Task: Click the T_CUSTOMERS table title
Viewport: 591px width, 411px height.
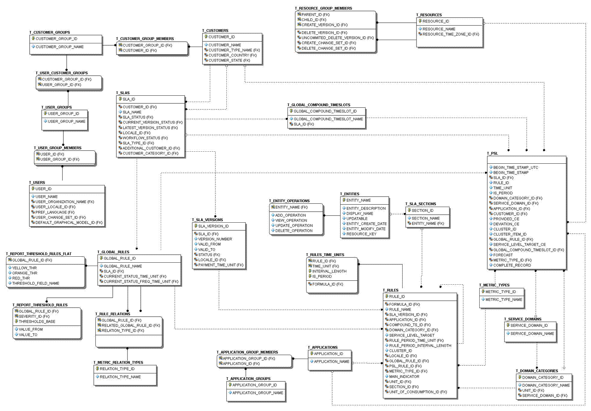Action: tap(215, 31)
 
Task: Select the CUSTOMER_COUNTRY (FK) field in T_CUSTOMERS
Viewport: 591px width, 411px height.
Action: tap(232, 55)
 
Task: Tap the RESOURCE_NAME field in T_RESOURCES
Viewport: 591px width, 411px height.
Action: tap(439, 29)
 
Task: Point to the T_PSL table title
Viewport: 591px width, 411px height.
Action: tap(492, 153)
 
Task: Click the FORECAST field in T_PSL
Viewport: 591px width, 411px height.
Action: tap(503, 255)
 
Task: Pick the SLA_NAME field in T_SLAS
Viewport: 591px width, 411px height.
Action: tap(132, 112)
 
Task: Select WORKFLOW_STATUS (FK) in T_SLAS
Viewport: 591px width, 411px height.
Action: tap(145, 138)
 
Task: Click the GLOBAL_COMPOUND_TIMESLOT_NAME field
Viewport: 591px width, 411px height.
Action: tap(328, 119)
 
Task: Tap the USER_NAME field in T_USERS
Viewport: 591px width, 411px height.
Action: tap(46, 197)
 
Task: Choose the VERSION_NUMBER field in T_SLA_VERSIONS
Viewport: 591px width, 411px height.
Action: tap(215, 239)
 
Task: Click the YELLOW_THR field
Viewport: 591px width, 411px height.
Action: tap(24, 268)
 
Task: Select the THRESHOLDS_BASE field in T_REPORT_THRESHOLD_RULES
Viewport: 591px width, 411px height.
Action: tap(37, 322)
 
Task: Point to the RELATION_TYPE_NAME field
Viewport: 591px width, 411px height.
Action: tap(120, 377)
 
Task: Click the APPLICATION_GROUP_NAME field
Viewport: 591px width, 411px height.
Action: tap(257, 393)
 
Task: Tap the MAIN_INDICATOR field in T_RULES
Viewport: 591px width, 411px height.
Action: tap(404, 377)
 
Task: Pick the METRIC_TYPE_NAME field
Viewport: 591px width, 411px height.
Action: tap(504, 300)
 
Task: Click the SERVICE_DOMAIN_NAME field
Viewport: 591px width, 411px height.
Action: tap(532, 334)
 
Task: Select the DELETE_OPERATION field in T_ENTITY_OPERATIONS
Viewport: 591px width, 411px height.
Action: tap(294, 231)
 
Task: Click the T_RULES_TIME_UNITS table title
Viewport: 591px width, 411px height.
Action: tap(325, 255)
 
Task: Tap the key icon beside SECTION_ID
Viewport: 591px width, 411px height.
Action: tap(409, 210)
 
